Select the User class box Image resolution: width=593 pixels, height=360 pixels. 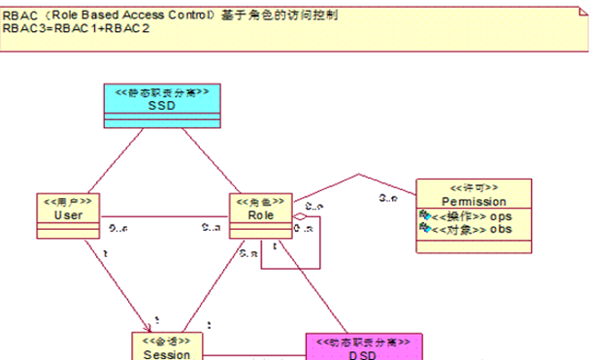pos(68,215)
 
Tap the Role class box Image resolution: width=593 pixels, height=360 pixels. pos(261,215)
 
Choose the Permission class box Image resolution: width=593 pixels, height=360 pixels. pos(473,208)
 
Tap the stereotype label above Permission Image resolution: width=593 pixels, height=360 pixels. pos(474,187)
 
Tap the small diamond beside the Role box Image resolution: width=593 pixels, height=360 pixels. pos(300,217)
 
